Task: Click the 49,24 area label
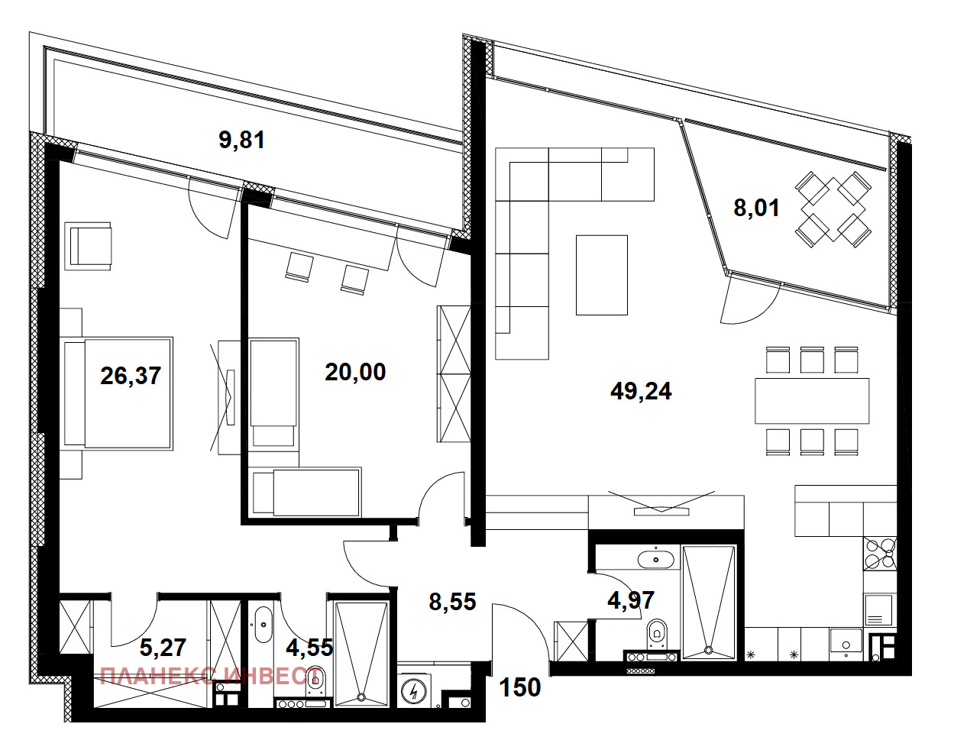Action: click(641, 392)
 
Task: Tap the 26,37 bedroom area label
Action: click(131, 376)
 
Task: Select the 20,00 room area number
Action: click(355, 372)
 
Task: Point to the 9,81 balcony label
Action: click(241, 140)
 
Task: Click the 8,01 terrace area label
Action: click(756, 208)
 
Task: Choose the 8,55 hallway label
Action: click(453, 602)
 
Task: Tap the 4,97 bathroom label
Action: click(631, 600)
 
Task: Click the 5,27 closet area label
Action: click(163, 648)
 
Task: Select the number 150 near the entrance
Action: click(519, 687)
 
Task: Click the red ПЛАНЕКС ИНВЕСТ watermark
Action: click(210, 677)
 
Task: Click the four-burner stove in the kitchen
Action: click(880, 554)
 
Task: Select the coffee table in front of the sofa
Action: click(602, 275)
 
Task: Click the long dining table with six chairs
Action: click(812, 401)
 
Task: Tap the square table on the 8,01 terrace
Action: click(833, 209)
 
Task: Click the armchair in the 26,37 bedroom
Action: click(88, 246)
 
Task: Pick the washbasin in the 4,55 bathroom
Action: click(263, 625)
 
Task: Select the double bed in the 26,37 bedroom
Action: click(118, 393)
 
